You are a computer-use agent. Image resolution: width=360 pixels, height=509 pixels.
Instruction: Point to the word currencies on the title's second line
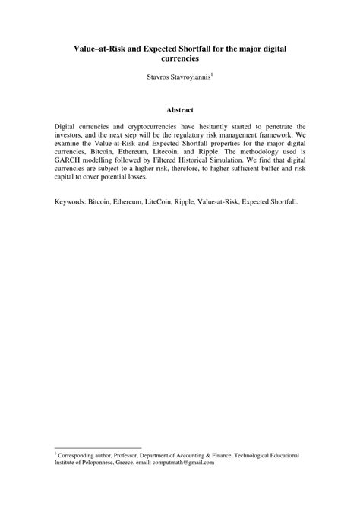click(x=180, y=58)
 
